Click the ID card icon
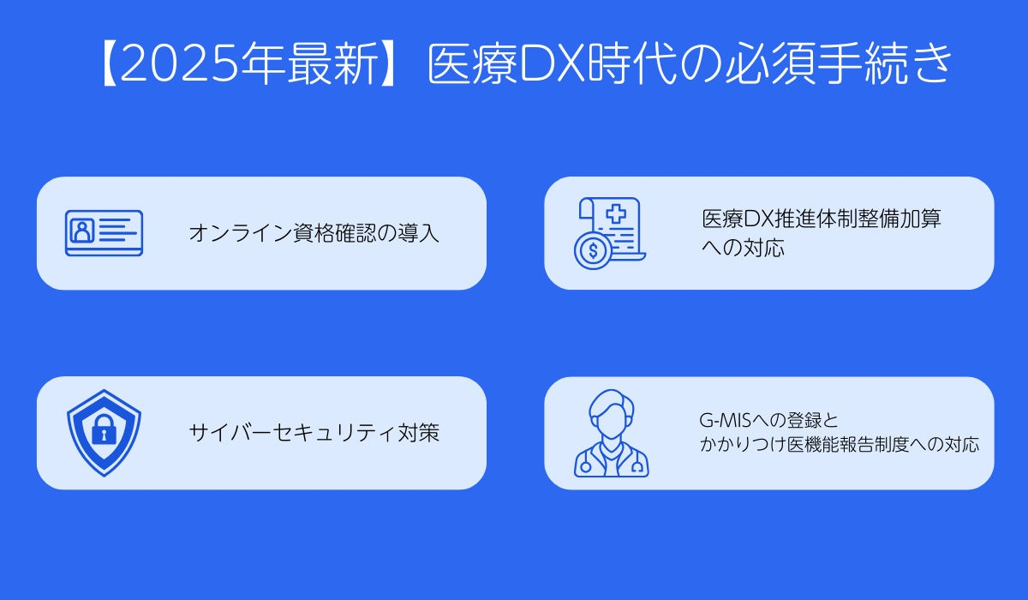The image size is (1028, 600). (104, 233)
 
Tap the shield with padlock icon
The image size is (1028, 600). (104, 432)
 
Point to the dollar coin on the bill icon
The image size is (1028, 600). (592, 251)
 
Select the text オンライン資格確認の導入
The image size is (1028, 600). (314, 233)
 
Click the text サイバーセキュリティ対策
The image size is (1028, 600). (314, 433)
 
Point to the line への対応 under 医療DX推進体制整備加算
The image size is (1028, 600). (743, 249)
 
